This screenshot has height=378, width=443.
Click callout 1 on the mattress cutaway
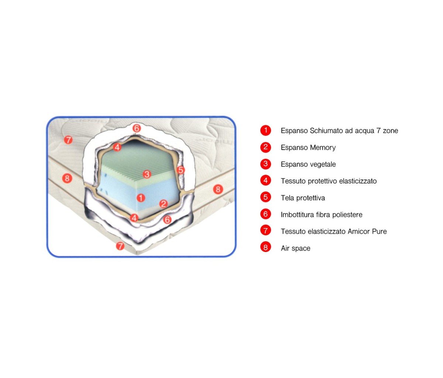(141, 198)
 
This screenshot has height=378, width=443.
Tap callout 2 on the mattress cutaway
(163, 204)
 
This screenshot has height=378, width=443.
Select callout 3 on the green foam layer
(147, 174)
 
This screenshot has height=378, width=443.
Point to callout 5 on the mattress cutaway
(181, 170)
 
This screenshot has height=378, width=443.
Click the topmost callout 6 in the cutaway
(137, 128)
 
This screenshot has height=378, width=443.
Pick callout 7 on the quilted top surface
(68, 140)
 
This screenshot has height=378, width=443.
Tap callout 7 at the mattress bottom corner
(120, 246)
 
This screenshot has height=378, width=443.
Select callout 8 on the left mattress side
(67, 178)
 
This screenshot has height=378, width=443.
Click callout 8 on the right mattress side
(218, 190)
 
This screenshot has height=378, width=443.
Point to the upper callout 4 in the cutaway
(117, 147)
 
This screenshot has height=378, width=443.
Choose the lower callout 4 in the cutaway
(134, 218)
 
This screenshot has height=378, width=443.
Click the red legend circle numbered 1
(265, 130)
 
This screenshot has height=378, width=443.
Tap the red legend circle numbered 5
(265, 197)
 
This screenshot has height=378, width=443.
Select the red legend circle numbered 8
(265, 247)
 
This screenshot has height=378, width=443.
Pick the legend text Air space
(296, 248)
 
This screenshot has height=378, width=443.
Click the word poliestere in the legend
(347, 215)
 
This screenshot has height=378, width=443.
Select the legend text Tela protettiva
(303, 198)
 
